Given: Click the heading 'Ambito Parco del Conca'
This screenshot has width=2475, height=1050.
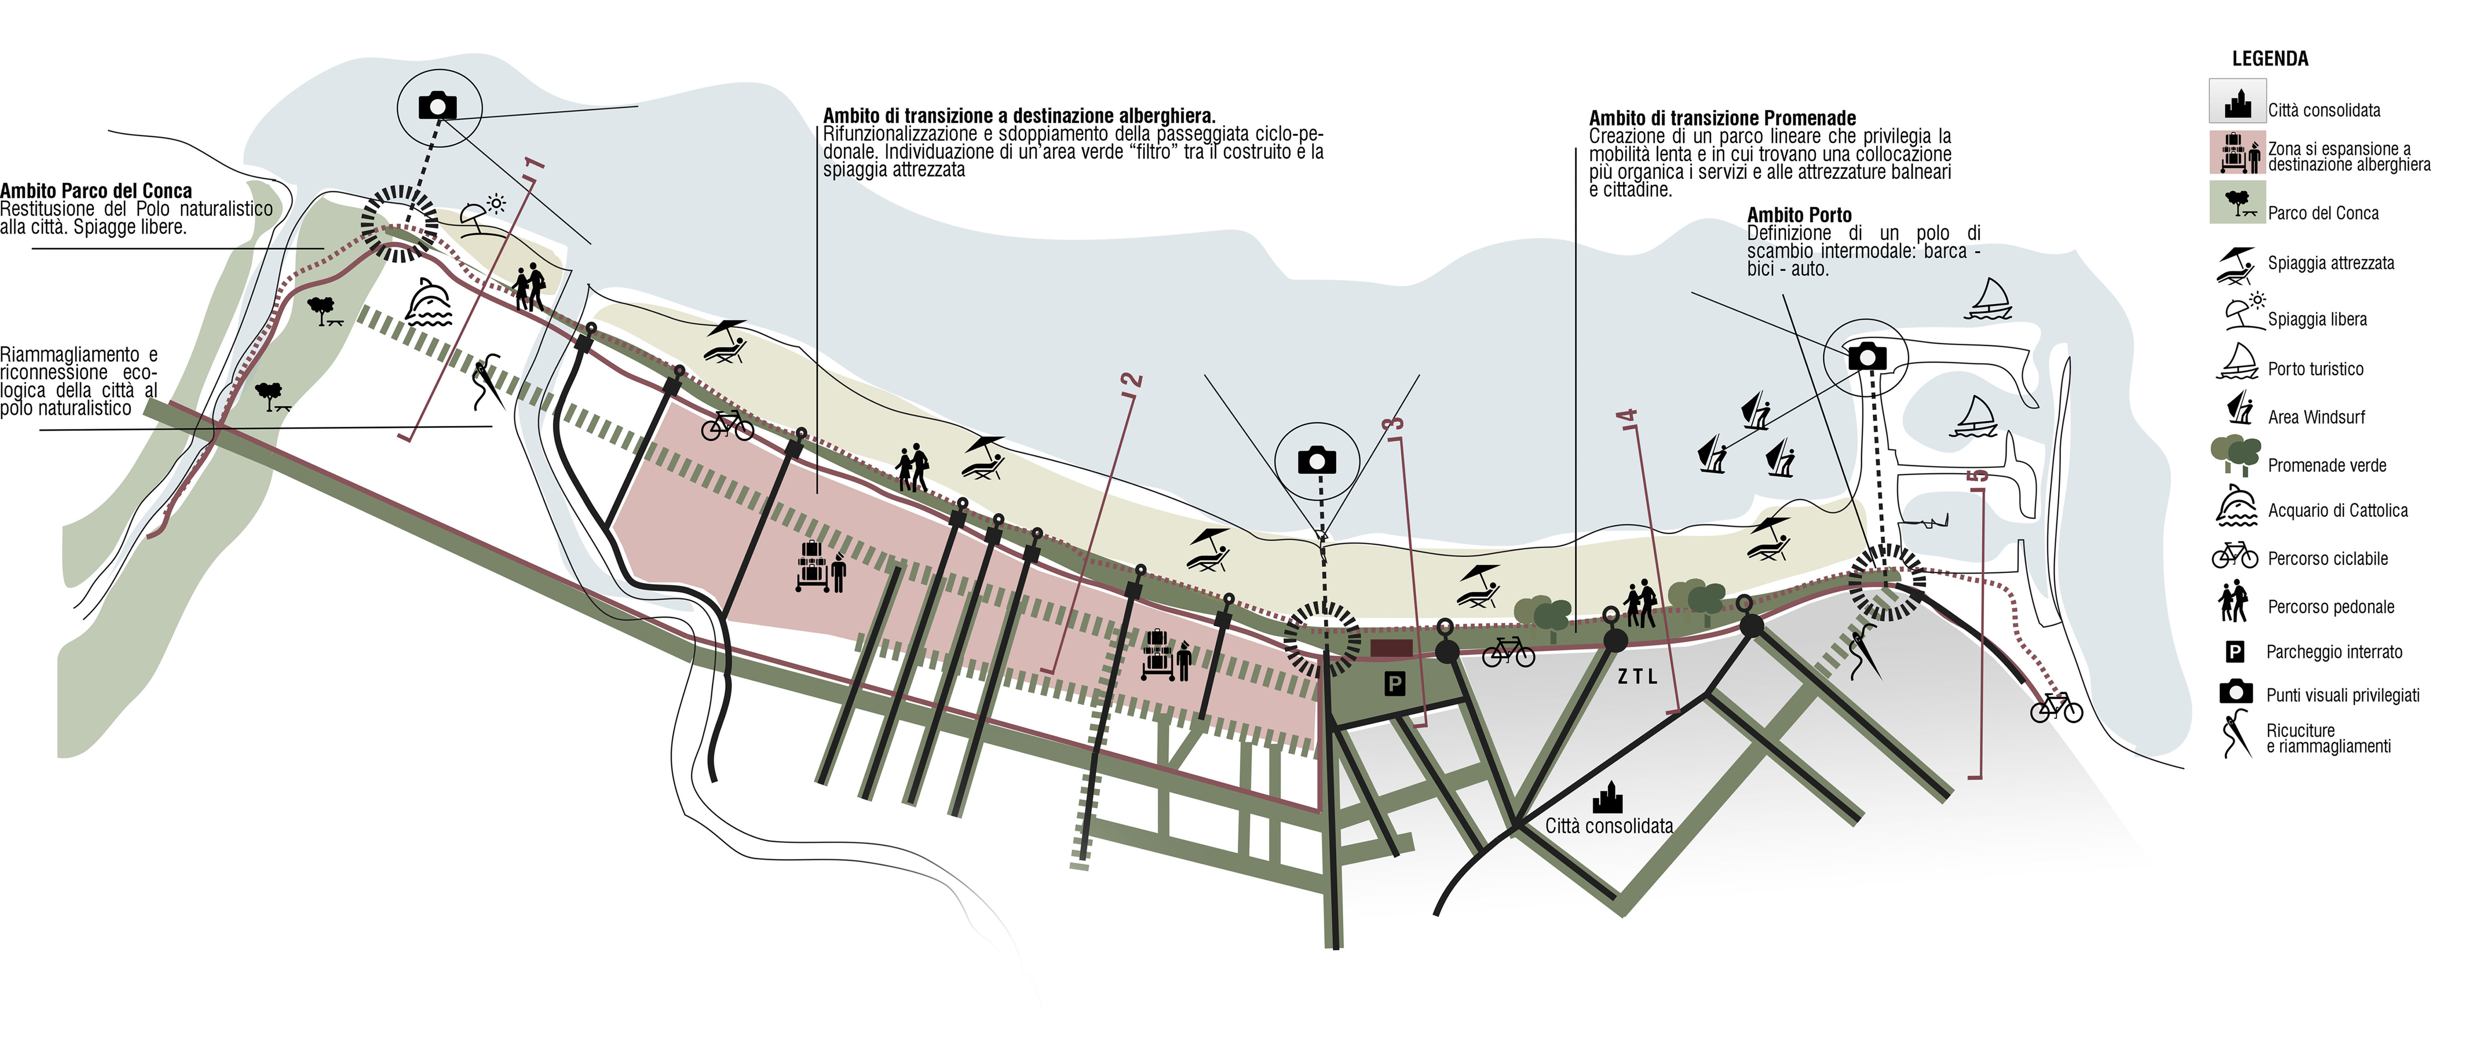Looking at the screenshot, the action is (x=96, y=190).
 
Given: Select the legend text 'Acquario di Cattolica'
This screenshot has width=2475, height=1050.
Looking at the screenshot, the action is (x=2337, y=510).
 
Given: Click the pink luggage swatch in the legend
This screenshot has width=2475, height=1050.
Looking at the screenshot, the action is (x=2238, y=153).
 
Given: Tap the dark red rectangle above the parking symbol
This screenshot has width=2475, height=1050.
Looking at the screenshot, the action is (x=1390, y=649).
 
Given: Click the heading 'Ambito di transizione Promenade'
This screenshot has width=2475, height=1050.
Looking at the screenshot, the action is (x=1722, y=118).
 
